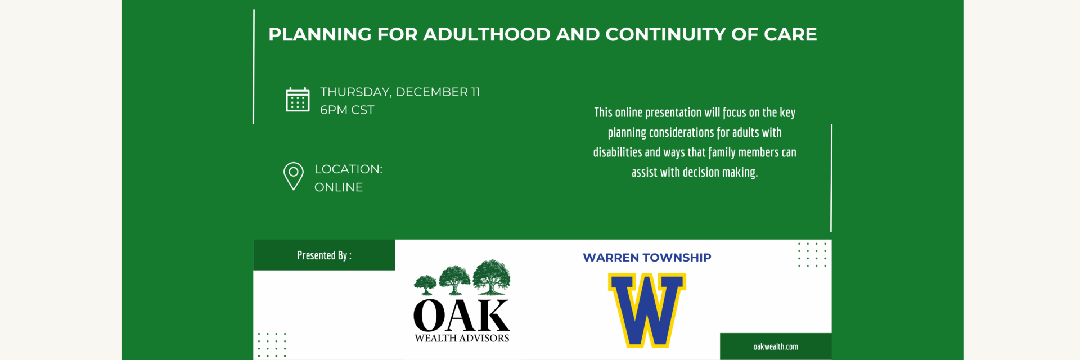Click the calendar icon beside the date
[298, 100]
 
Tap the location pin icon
[294, 176]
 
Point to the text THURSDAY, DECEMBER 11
[400, 92]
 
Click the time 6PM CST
[347, 110]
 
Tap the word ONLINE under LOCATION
[339, 187]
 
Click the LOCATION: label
[348, 169]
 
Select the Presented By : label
[324, 255]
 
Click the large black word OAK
[461, 316]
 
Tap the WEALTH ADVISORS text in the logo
[462, 338]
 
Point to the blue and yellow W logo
[647, 310]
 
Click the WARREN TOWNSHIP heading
[647, 258]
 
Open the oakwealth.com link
[776, 346]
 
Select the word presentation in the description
[674, 112]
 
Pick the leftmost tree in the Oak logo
[425, 285]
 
